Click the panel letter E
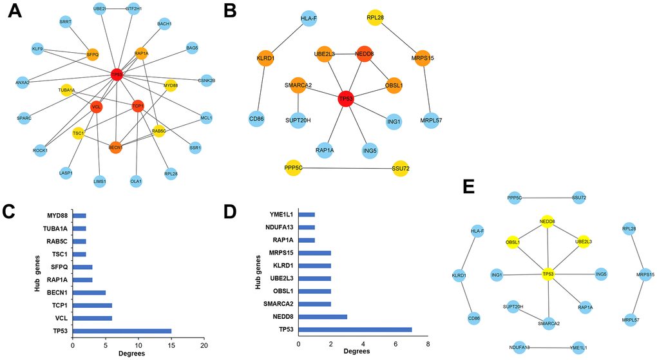[x=470, y=187]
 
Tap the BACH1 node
[x=164, y=24]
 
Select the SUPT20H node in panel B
[x=298, y=120]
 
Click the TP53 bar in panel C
[x=122, y=330]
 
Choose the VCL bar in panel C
[x=92, y=318]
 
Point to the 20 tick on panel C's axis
[x=204, y=346]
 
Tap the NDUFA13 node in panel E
[x=519, y=348]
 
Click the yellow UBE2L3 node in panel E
[x=584, y=242]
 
